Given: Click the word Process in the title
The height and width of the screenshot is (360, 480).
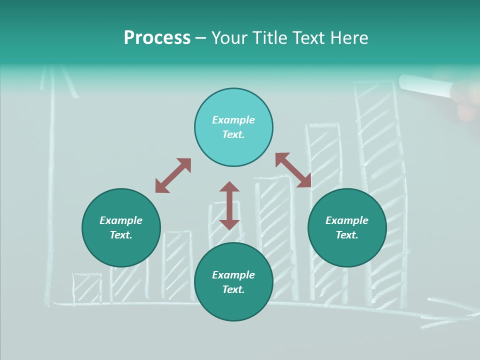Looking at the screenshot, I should (x=157, y=38).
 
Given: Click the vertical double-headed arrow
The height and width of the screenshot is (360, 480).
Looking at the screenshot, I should (x=229, y=205).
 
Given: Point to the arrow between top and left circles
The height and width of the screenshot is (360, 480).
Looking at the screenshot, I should (x=173, y=175).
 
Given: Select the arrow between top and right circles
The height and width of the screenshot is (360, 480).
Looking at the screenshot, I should (x=293, y=170).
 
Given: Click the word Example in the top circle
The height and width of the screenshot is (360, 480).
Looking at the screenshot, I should (x=233, y=120).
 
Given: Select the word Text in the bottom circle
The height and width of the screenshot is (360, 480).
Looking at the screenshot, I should (x=233, y=289).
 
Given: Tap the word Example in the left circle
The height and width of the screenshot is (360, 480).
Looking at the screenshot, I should (x=121, y=220).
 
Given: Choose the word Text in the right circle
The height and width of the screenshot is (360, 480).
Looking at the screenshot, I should (x=347, y=235).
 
